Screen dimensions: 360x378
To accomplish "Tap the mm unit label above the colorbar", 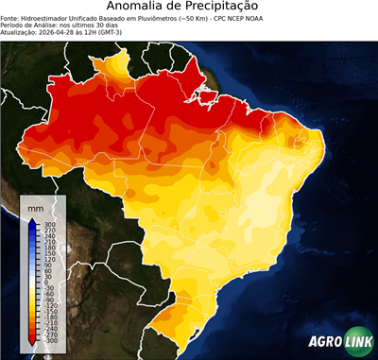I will (35, 207).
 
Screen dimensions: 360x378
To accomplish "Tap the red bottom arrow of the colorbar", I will (32, 340).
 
